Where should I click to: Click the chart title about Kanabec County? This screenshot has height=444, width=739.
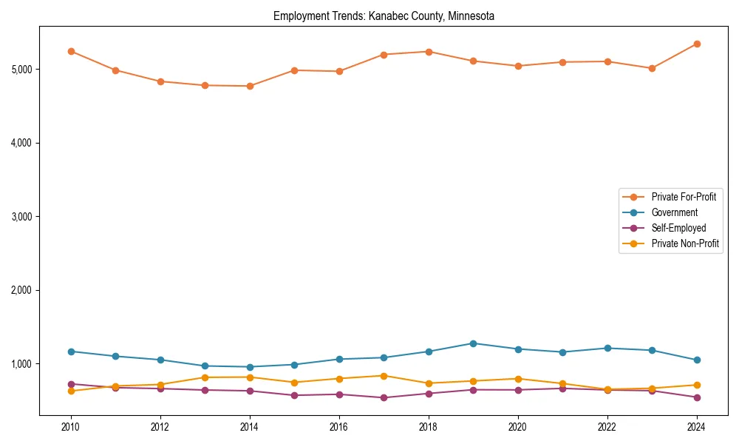coord(384,16)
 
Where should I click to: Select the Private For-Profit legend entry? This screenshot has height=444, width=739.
coord(684,197)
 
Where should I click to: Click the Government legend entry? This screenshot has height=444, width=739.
coord(674,212)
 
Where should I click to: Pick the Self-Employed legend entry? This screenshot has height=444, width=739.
coord(678,228)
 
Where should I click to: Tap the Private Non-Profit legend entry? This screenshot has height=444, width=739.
coord(685,243)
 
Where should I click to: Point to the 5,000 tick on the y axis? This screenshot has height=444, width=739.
coord(21,70)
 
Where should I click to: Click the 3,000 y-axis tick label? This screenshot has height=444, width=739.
coord(21,217)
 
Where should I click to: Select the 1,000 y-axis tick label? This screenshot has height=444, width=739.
coord(21,364)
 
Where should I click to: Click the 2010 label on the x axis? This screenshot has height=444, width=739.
coord(71,427)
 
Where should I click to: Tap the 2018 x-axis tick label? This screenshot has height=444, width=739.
coord(429,427)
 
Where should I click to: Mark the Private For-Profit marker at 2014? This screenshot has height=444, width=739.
coord(250,86)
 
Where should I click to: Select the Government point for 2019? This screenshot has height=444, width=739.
coord(473,343)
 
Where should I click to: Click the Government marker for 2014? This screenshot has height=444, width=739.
coord(250,367)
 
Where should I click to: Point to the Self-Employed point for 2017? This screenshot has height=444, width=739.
coord(384,397)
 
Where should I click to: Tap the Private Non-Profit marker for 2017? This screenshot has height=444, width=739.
coord(384,376)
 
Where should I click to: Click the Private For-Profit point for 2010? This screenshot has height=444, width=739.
coord(71,51)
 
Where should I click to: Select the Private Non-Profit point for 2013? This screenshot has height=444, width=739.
coord(205,377)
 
